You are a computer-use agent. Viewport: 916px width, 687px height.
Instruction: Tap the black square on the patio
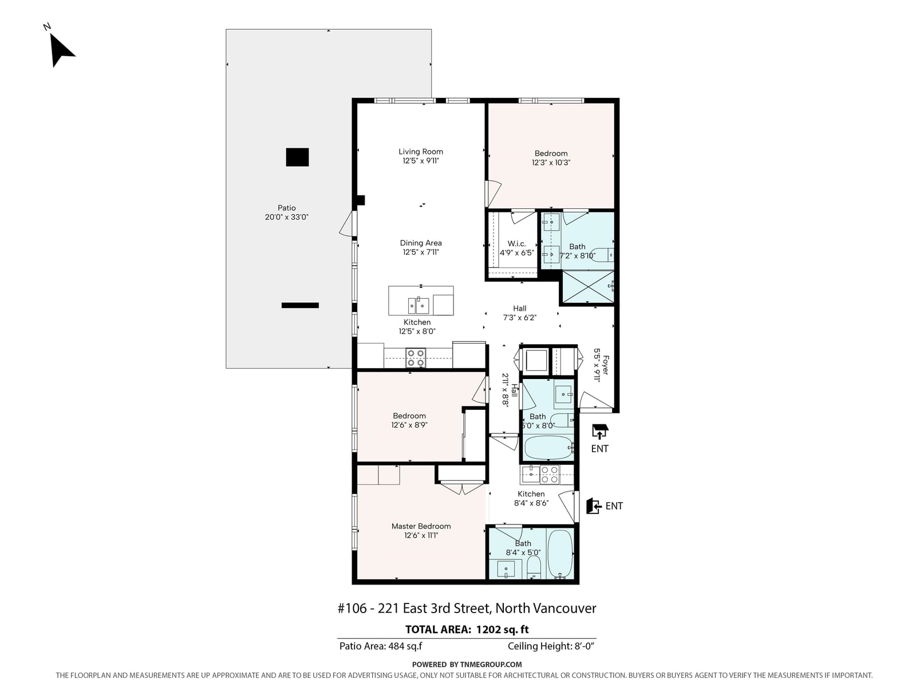[x=297, y=157]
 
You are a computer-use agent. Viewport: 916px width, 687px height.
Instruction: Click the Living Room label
[x=420, y=152]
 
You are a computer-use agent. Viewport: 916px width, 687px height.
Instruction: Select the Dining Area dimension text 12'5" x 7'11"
[x=421, y=252]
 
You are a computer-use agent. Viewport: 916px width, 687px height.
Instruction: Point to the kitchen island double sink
[x=418, y=305]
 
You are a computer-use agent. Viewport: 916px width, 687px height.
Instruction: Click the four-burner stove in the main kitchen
[x=416, y=358]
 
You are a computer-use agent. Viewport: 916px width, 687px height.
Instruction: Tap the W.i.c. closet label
[x=516, y=244]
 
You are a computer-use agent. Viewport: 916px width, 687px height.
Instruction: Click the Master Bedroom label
[x=421, y=526]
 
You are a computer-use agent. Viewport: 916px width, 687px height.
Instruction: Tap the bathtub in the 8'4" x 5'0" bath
[x=560, y=554]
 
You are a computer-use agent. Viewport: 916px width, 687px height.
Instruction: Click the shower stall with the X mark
[x=588, y=287]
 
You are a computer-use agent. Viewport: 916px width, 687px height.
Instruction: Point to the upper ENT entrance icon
[x=600, y=432]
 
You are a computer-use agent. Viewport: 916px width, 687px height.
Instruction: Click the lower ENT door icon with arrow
[x=594, y=506]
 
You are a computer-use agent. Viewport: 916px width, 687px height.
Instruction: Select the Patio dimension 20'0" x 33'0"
[x=287, y=217]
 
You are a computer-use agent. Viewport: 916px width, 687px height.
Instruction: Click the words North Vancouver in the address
[x=546, y=609]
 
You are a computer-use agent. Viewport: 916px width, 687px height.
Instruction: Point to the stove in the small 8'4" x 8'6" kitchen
[x=550, y=475]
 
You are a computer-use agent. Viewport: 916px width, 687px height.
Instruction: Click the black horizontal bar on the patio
[x=300, y=305]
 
